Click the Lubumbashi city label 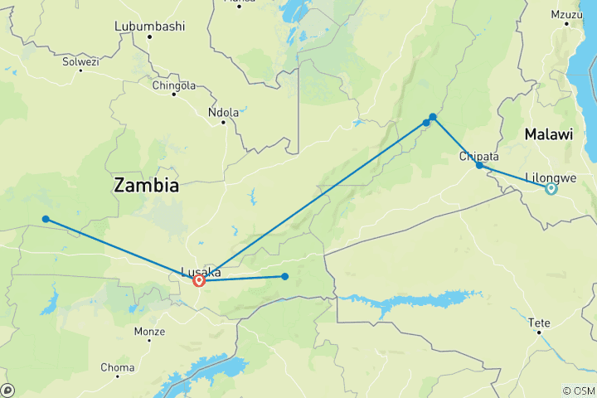pos(149,27)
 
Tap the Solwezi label pos(80,61)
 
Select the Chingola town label pos(174,85)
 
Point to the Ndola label pos(224,112)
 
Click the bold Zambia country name pos(146,185)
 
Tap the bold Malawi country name pos(547,134)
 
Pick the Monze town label pos(149,331)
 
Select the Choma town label pos(117,367)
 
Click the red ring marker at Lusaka pos(199,281)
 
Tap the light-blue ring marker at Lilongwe pos(551,189)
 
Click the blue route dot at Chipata pos(479,165)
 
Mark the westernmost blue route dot pos(46,219)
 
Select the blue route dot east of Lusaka pos(284,276)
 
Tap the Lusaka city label pos(200,270)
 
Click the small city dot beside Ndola pos(223,122)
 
